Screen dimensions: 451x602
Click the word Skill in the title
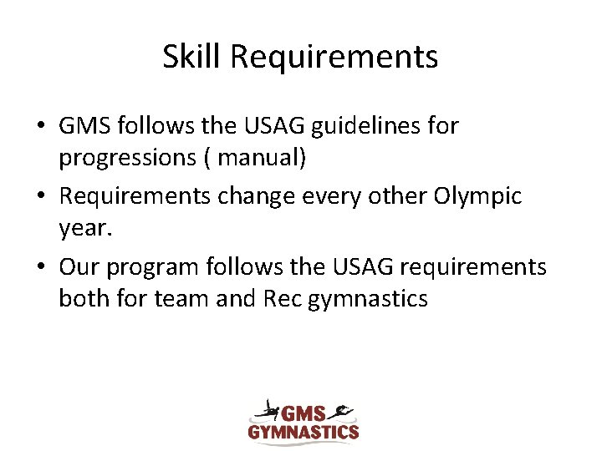click(x=192, y=57)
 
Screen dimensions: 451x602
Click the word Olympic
click(x=477, y=196)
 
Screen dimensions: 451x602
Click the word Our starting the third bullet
click(x=79, y=266)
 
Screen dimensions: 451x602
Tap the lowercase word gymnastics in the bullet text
click(x=368, y=300)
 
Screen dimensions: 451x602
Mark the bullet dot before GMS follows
click(x=40, y=127)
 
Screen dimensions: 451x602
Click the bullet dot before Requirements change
click(x=40, y=197)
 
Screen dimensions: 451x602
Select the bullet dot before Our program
click(x=40, y=267)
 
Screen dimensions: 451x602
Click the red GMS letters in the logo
click(x=304, y=413)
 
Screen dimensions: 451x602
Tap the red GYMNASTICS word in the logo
click(x=303, y=432)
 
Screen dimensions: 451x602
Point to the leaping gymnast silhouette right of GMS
click(x=342, y=410)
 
